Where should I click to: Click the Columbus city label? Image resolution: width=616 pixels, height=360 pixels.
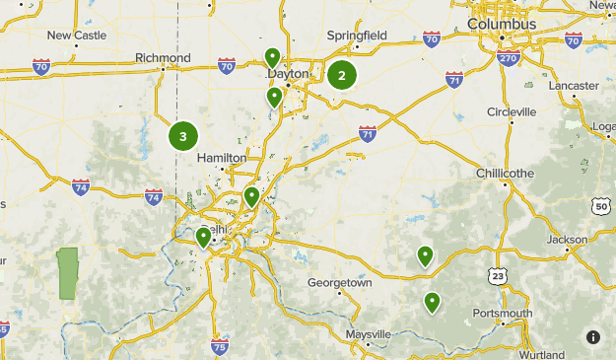[502, 24]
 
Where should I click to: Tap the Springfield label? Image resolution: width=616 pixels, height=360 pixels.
[358, 36]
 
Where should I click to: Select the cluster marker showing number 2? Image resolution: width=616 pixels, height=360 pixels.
[342, 75]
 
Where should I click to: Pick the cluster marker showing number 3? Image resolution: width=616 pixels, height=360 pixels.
[183, 136]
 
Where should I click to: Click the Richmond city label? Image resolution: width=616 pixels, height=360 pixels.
[164, 58]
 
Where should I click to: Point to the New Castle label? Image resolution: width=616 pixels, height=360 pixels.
[76, 36]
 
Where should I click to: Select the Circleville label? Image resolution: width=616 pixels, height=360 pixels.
[512, 111]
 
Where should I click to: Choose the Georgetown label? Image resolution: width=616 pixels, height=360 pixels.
[340, 282]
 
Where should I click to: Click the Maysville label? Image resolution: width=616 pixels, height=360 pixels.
[369, 334]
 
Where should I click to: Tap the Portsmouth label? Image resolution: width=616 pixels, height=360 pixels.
[503, 314]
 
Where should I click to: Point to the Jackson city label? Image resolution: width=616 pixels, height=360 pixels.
[568, 240]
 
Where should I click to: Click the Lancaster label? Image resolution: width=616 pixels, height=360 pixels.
[575, 86]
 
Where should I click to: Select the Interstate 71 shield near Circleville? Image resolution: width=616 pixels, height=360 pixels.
[453, 79]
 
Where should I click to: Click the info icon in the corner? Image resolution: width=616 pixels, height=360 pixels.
[593, 337]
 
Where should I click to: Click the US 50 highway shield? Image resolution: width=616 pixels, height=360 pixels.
[601, 206]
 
